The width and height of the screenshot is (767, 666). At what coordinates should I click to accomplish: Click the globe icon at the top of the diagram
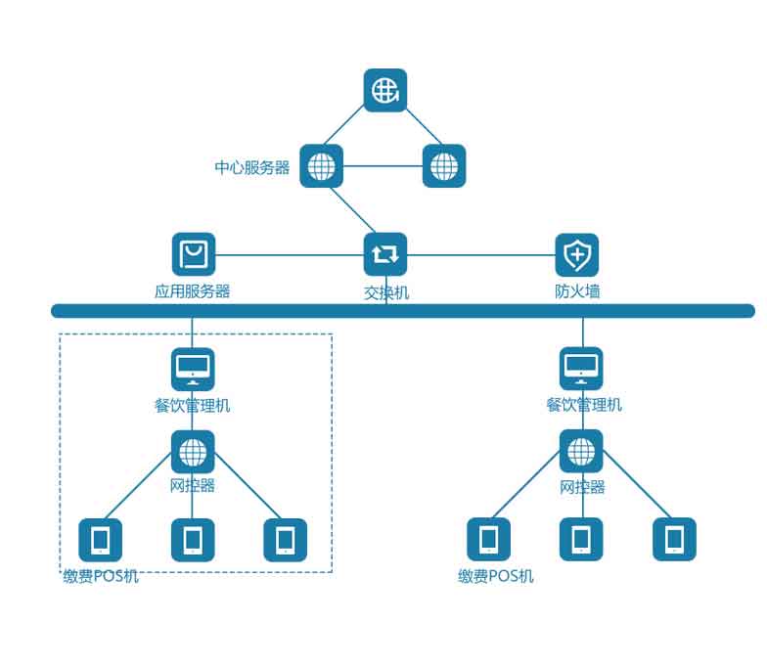(x=385, y=90)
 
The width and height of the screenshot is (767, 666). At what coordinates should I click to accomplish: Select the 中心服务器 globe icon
(x=321, y=166)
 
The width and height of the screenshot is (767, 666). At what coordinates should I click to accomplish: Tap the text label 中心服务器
(x=252, y=167)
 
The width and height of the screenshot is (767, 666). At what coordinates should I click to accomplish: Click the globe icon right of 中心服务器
(x=444, y=166)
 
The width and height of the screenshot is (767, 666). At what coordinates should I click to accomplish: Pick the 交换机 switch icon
(x=385, y=254)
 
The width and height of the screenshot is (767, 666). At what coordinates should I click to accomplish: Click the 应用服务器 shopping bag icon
(x=194, y=254)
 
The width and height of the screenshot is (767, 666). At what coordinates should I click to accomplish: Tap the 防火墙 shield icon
(x=577, y=255)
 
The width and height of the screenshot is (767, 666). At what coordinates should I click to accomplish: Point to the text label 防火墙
(x=577, y=291)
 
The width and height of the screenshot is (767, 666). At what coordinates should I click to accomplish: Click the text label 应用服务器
(x=193, y=291)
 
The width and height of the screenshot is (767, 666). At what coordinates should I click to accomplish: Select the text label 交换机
(x=386, y=292)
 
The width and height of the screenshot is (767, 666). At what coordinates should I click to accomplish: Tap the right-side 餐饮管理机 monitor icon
(x=581, y=369)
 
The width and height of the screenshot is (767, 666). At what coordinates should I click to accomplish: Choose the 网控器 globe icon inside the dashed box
(x=193, y=452)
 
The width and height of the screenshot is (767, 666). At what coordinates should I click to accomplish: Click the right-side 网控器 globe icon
(x=581, y=451)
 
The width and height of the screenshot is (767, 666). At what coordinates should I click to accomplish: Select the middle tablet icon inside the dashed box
(x=193, y=540)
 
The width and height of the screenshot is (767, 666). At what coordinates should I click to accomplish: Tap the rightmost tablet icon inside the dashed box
(x=285, y=540)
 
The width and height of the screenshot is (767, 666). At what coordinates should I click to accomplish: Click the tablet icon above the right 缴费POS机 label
(x=488, y=539)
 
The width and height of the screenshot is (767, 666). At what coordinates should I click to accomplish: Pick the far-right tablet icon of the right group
(x=674, y=539)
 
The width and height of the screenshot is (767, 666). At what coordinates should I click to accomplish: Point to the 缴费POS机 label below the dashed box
(x=101, y=577)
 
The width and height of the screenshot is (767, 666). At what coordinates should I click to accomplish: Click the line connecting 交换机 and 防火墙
(x=479, y=255)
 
